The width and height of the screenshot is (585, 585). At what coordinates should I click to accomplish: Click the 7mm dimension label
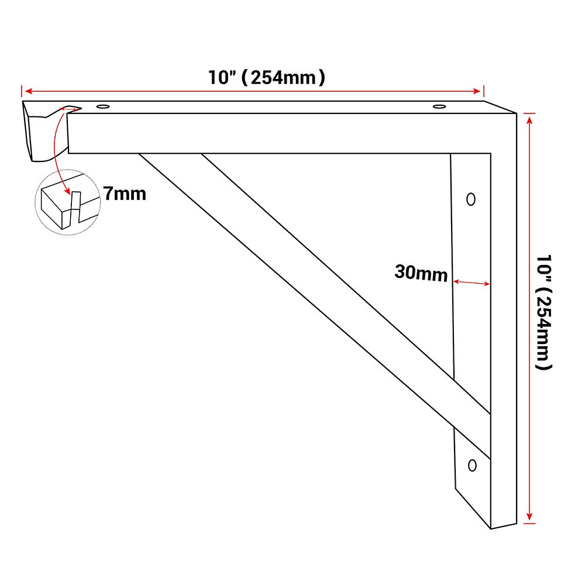(x=125, y=194)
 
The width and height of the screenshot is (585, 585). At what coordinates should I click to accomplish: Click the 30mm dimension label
(x=421, y=273)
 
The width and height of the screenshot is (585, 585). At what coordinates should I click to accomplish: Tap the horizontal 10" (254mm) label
(x=266, y=78)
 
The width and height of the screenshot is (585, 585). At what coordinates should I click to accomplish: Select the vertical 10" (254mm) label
(x=543, y=312)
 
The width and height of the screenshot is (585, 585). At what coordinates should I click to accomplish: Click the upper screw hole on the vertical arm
(x=471, y=199)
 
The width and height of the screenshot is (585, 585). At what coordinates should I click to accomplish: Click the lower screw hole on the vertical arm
(x=472, y=465)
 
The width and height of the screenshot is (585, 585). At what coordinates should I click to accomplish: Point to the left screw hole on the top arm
(x=103, y=106)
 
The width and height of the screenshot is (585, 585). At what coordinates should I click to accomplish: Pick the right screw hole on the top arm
(x=439, y=106)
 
